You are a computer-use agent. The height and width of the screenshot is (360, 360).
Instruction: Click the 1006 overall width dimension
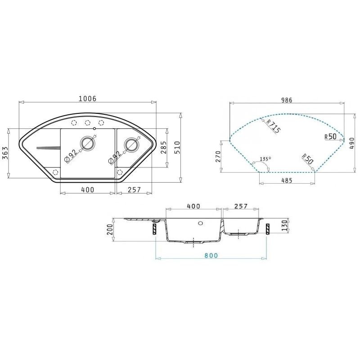pos(88,99)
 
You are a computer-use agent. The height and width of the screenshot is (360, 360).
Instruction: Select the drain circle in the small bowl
pos(131,144)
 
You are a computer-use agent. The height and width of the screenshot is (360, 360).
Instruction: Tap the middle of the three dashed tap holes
pos(87,123)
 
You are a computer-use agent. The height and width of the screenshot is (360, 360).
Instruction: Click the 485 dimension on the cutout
pos(287,180)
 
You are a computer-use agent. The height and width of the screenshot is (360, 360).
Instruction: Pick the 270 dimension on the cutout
pos(218,156)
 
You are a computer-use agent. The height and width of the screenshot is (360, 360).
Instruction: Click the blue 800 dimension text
pos(210,255)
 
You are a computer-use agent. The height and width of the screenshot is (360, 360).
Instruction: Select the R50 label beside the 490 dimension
pos(330,136)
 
